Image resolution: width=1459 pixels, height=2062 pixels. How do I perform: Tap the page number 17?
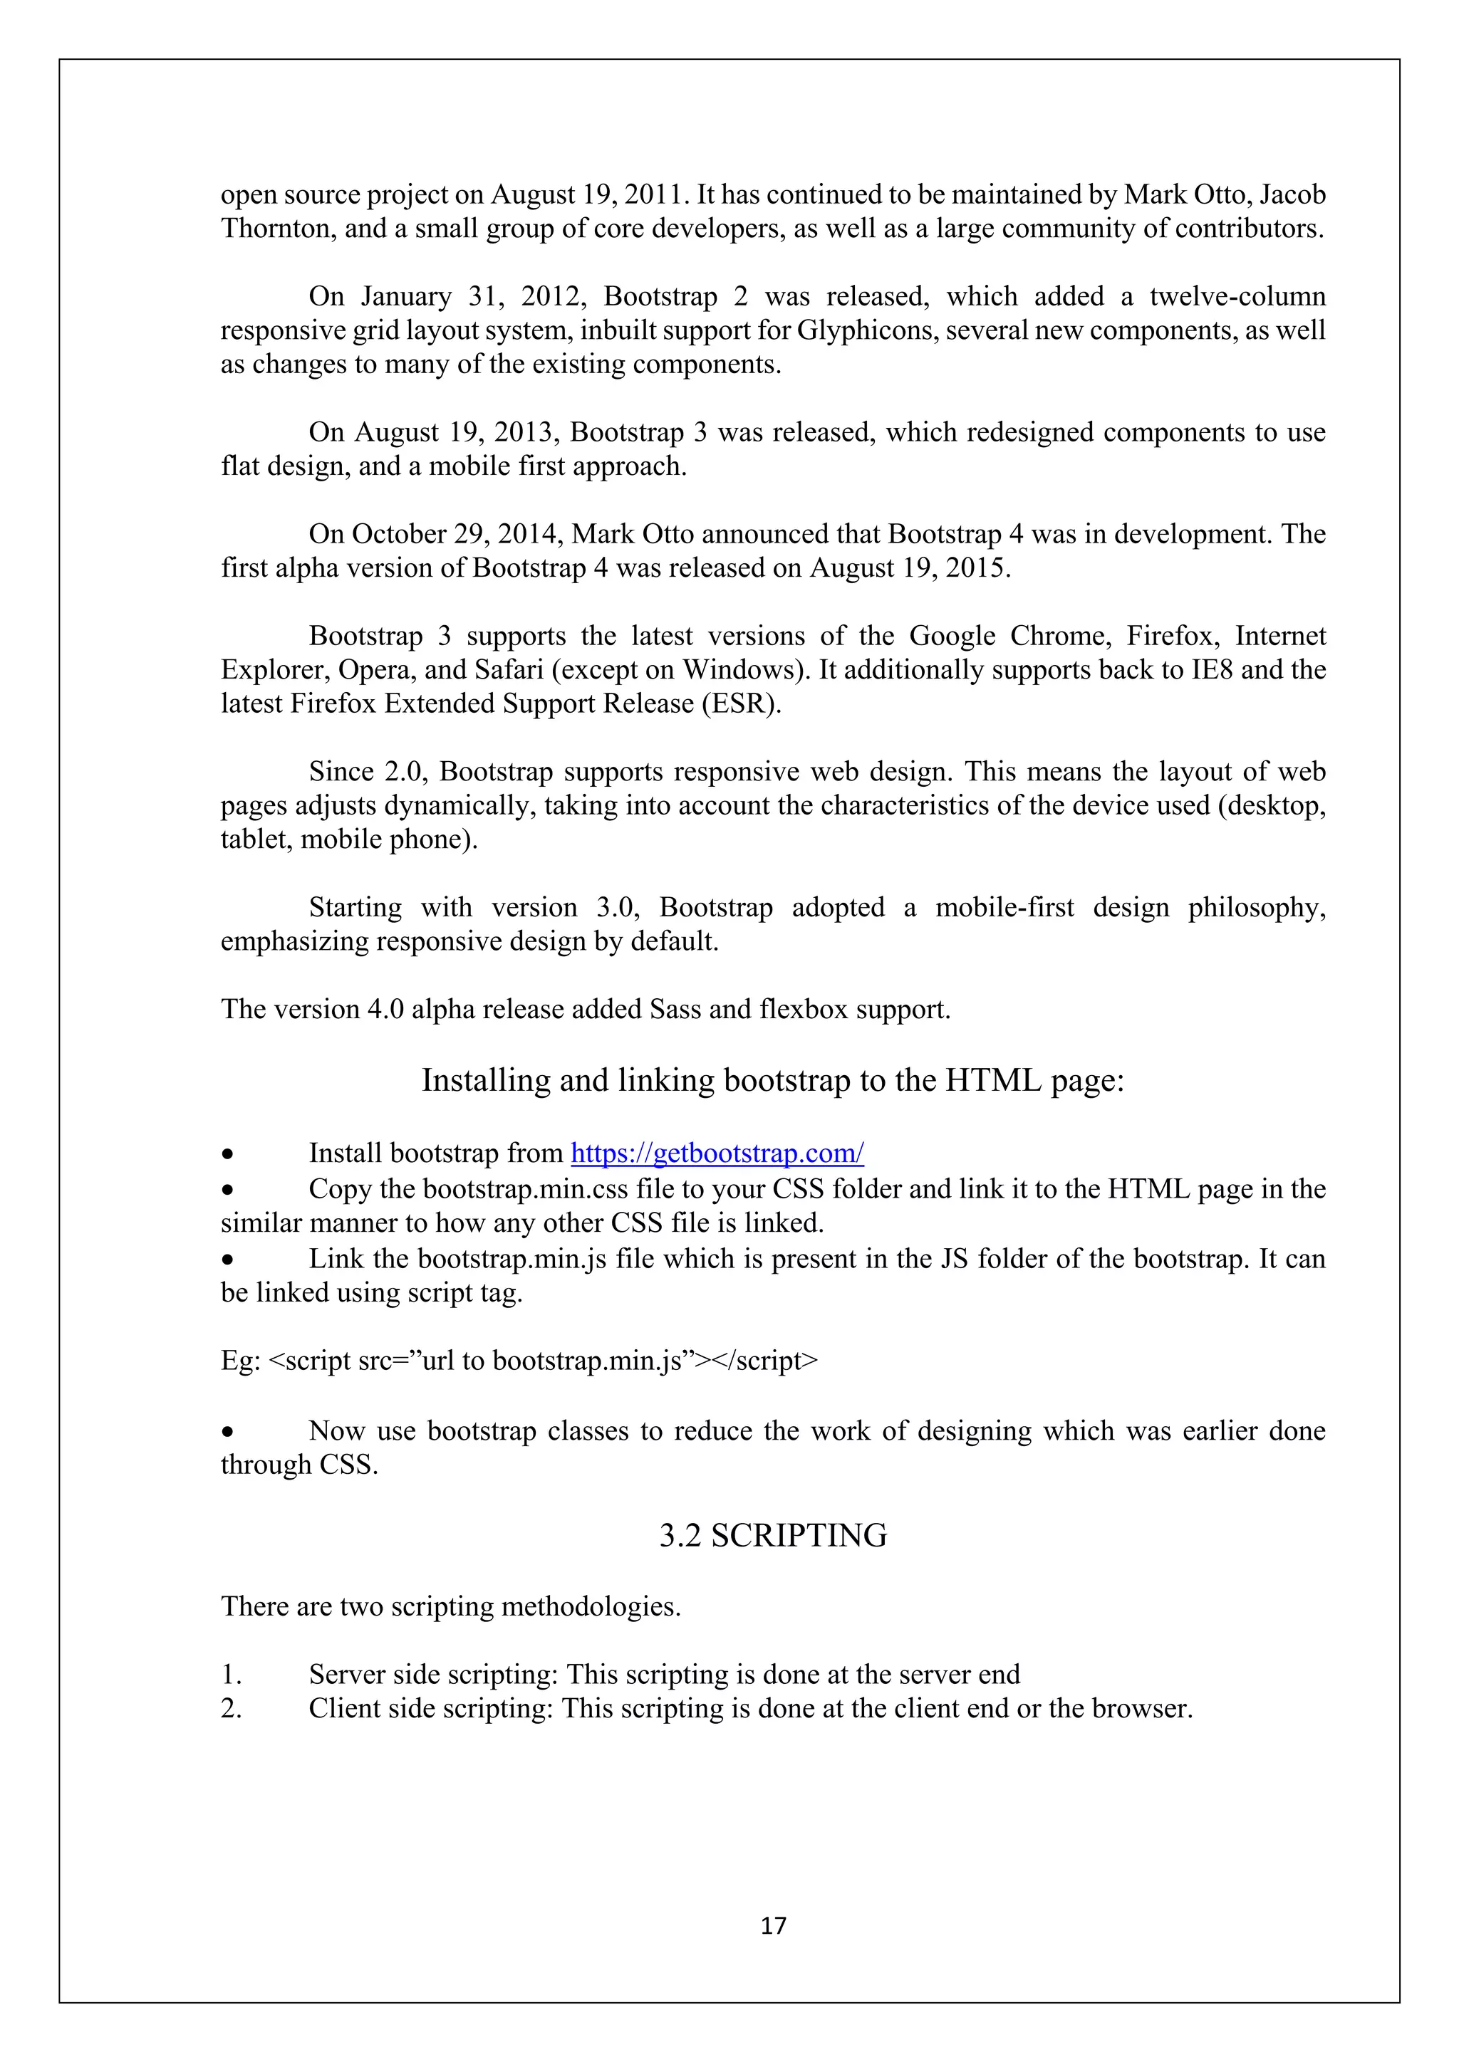pyautogui.click(x=773, y=1925)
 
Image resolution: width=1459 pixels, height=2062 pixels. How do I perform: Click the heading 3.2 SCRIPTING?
pyautogui.click(x=773, y=1536)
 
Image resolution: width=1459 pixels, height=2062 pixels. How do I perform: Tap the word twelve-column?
pyautogui.click(x=1237, y=296)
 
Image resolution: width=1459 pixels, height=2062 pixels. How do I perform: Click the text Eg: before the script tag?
pyautogui.click(x=240, y=1361)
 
